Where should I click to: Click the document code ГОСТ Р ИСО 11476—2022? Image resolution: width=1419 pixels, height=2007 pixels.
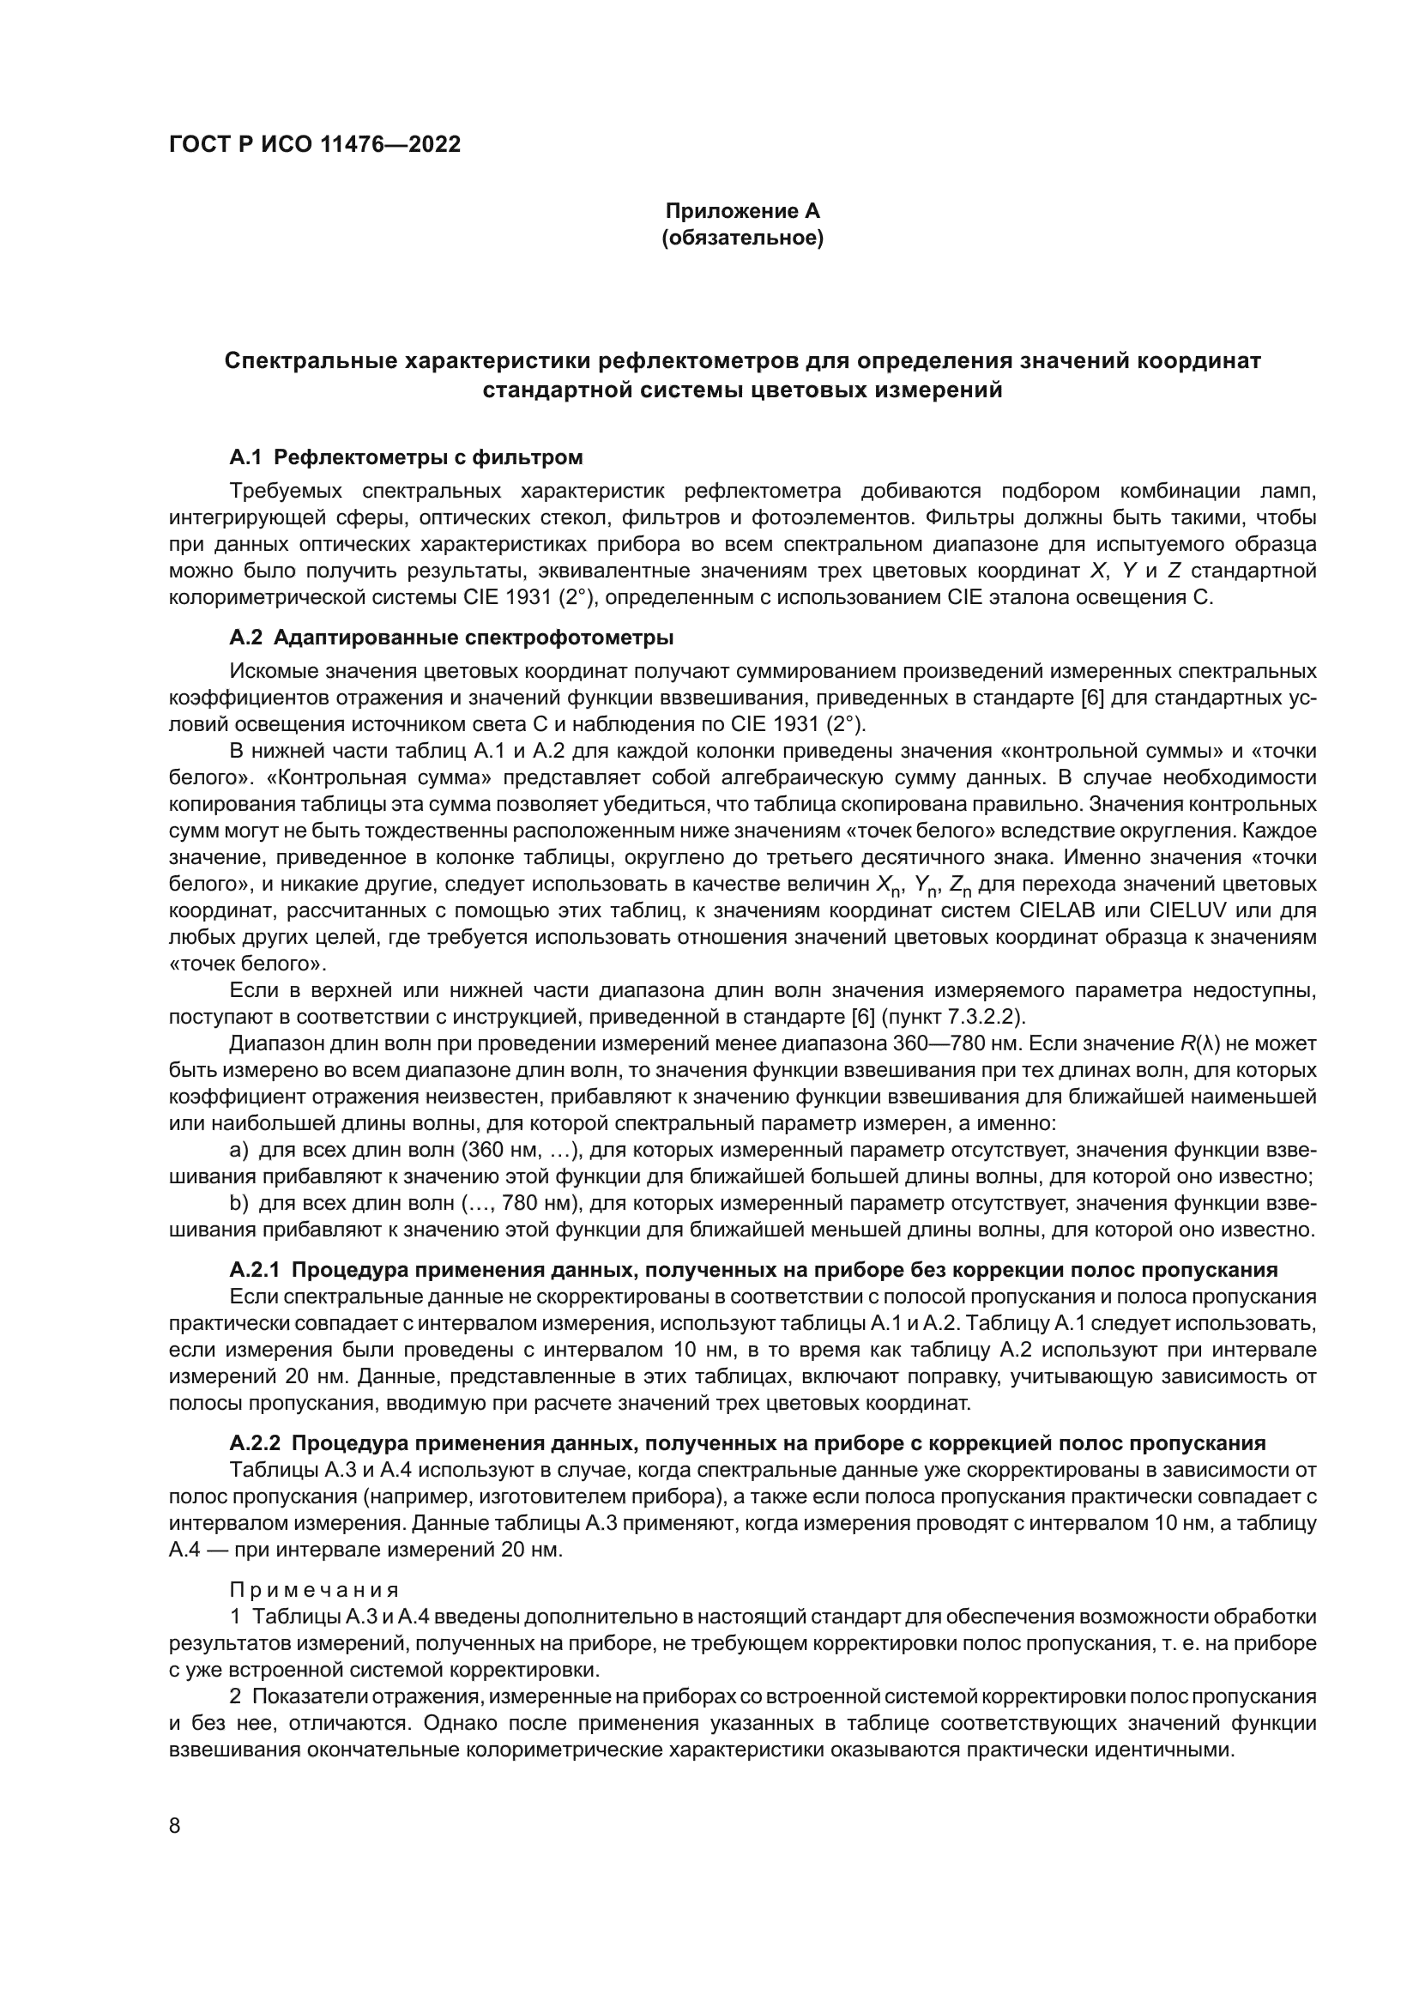coord(315,144)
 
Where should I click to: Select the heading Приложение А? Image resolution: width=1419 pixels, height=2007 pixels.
coord(743,211)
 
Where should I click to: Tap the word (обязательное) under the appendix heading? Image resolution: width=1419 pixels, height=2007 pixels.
coord(743,238)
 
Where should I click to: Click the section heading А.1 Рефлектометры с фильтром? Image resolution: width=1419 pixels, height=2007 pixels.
coord(406,457)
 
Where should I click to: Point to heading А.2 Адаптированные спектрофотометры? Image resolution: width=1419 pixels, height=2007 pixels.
coord(451,638)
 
